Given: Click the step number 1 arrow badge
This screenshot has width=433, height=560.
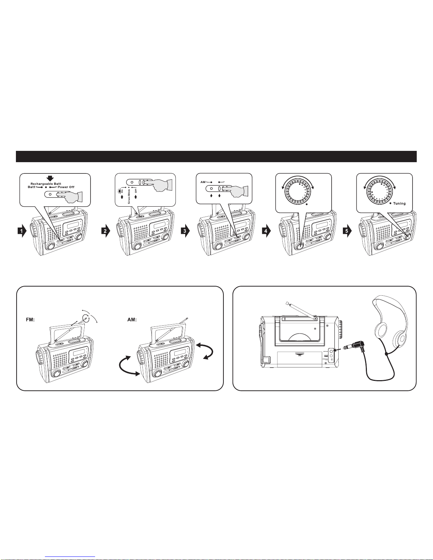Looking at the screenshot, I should tap(22, 231).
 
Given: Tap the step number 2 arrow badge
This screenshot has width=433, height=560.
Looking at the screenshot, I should tap(105, 231).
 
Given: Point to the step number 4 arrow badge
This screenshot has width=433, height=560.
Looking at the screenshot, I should tap(267, 231).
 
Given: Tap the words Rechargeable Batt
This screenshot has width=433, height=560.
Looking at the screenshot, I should tap(46, 184).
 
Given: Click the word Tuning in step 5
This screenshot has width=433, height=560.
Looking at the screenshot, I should tap(399, 204).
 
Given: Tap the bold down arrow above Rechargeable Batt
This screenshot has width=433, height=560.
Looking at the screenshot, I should tap(51, 178).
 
